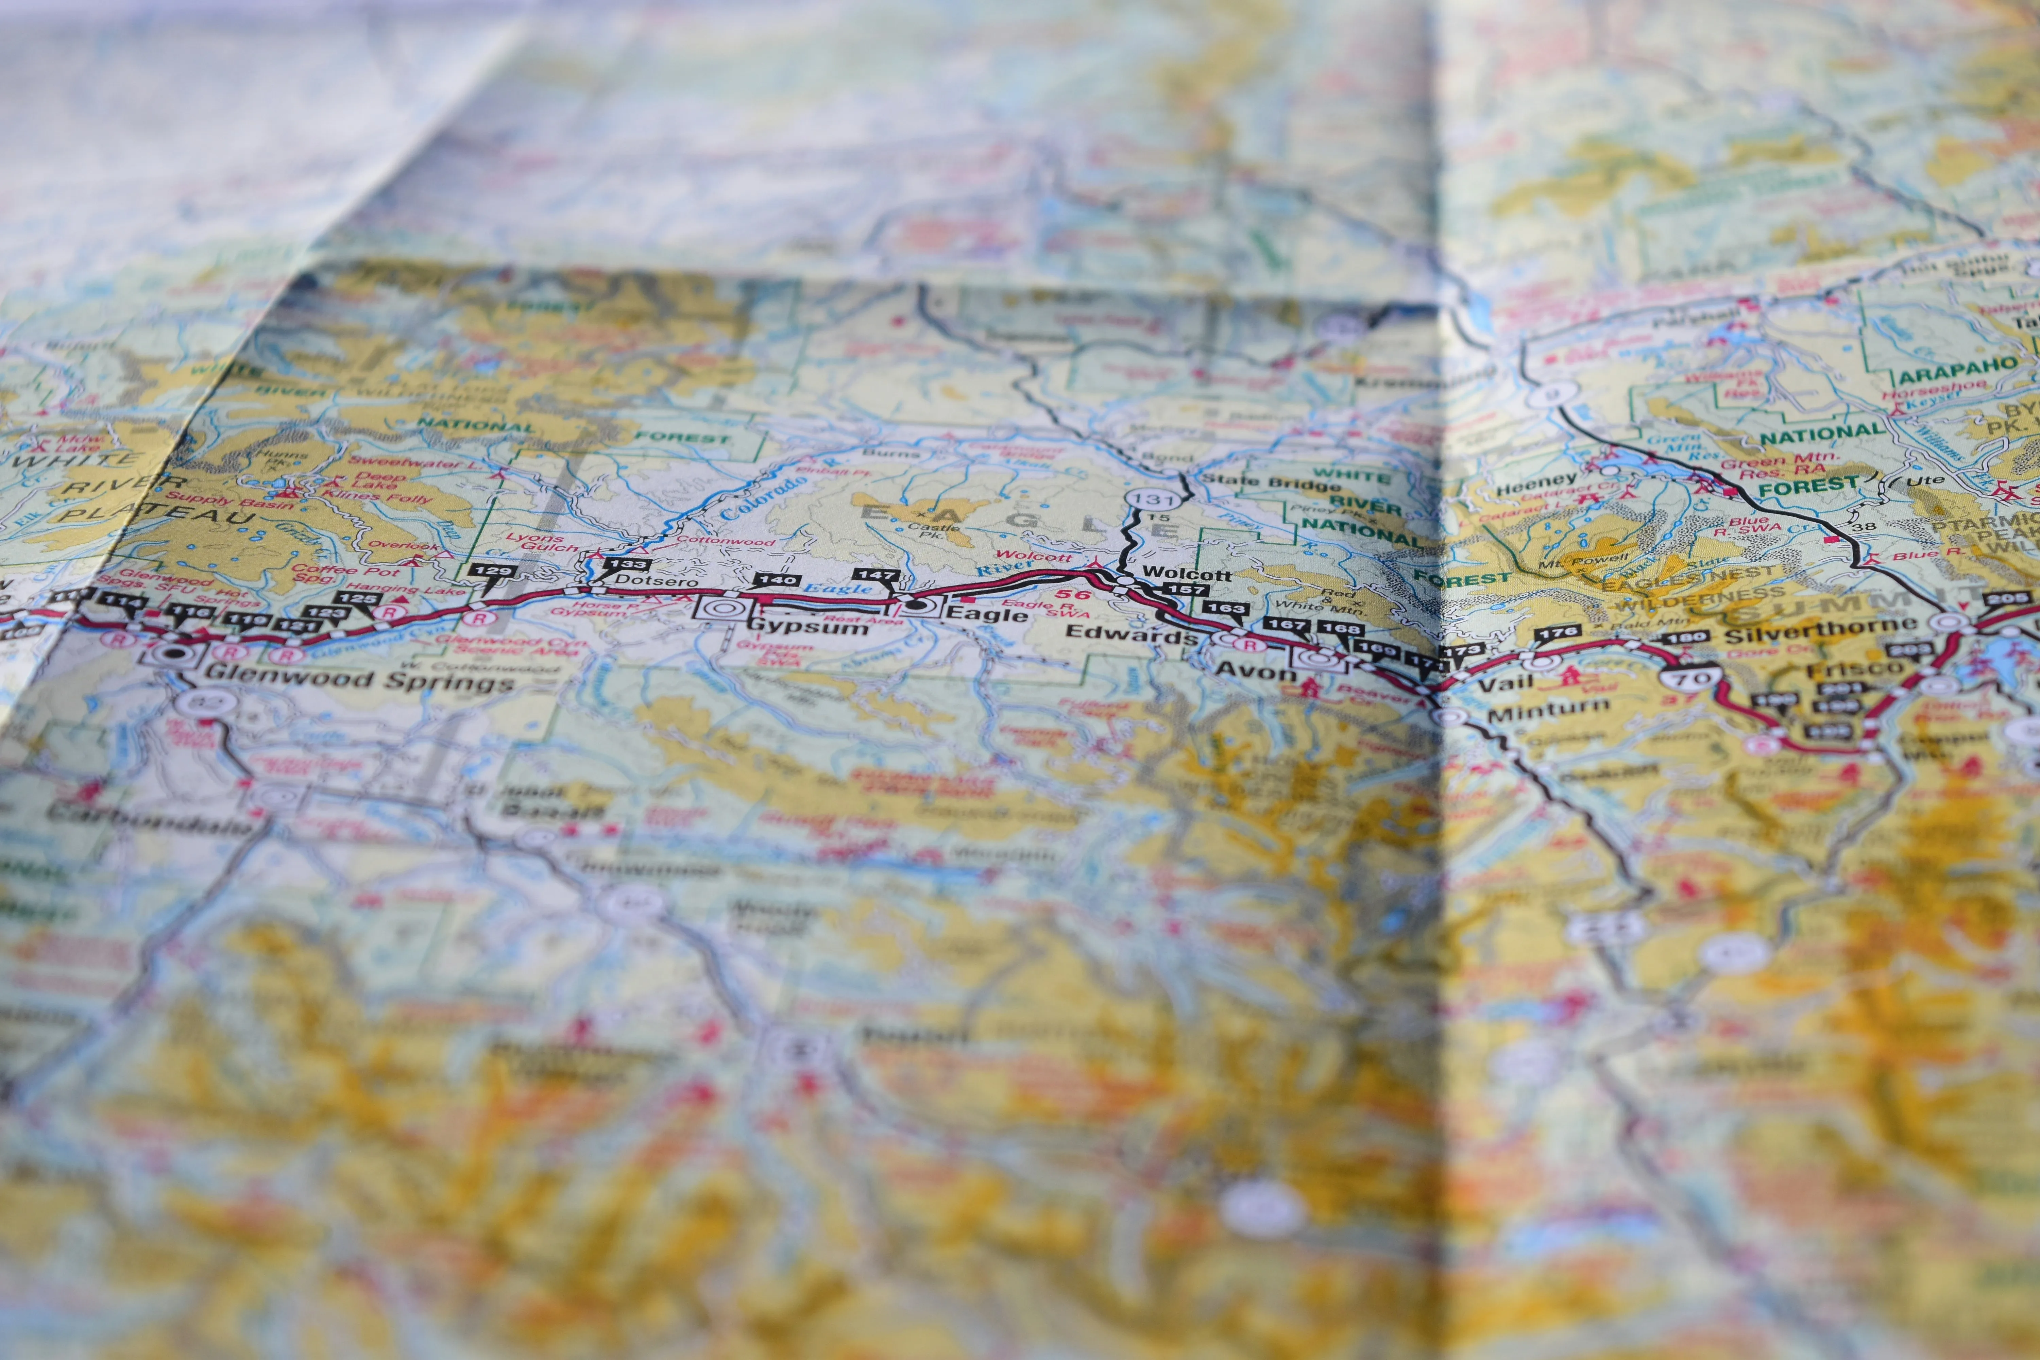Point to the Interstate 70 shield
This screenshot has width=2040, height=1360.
[x=1689, y=677]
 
